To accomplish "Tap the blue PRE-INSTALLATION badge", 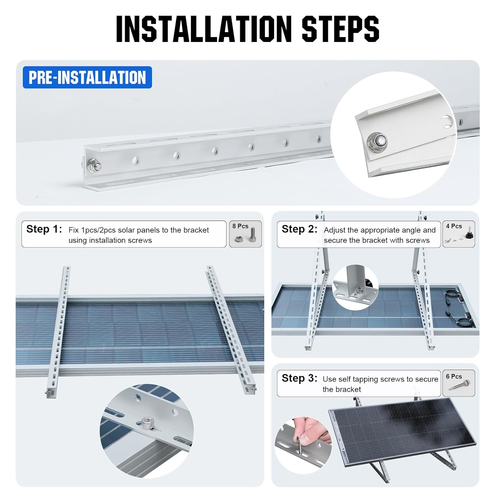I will pyautogui.click(x=87, y=77).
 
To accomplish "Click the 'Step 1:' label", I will pyautogui.click(x=44, y=229).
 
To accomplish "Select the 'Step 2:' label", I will pyautogui.click(x=299, y=229).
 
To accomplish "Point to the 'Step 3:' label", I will pyautogui.click(x=299, y=378).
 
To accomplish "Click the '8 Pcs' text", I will pyautogui.click(x=240, y=226).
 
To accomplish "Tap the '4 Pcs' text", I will pyautogui.click(x=454, y=226).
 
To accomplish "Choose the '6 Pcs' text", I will pyautogui.click(x=454, y=376).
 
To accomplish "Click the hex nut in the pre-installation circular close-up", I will pyautogui.click(x=377, y=139).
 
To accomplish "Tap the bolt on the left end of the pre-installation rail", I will pyautogui.click(x=91, y=165).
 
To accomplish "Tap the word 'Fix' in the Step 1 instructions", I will pyautogui.click(x=73, y=230).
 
